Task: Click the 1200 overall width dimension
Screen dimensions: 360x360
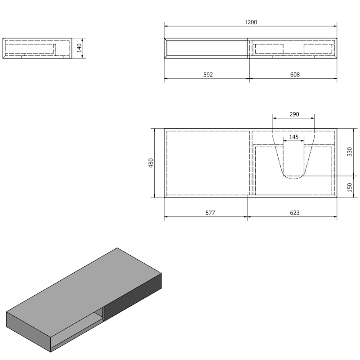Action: tap(251, 22)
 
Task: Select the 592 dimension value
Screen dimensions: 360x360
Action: tap(208, 75)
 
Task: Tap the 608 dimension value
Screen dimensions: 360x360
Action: tap(295, 75)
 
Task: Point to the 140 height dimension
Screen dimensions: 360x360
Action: tap(79, 48)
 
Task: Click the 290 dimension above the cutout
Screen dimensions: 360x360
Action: tap(294, 114)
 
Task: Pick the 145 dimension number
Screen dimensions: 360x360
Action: tap(294, 137)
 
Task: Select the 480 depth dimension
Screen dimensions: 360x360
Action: tap(151, 163)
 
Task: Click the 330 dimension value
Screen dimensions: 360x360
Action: tap(350, 152)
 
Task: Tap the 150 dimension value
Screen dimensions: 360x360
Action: tap(350, 187)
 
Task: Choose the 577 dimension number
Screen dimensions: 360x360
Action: tap(210, 213)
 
